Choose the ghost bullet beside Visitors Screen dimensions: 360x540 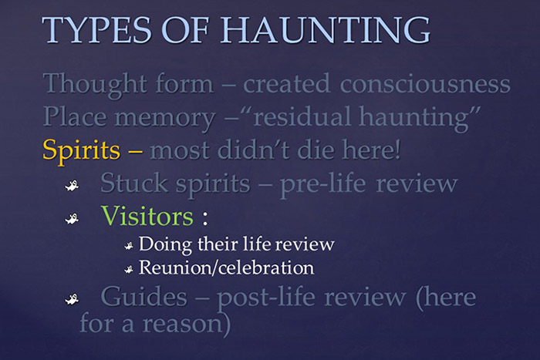[x=70, y=217]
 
